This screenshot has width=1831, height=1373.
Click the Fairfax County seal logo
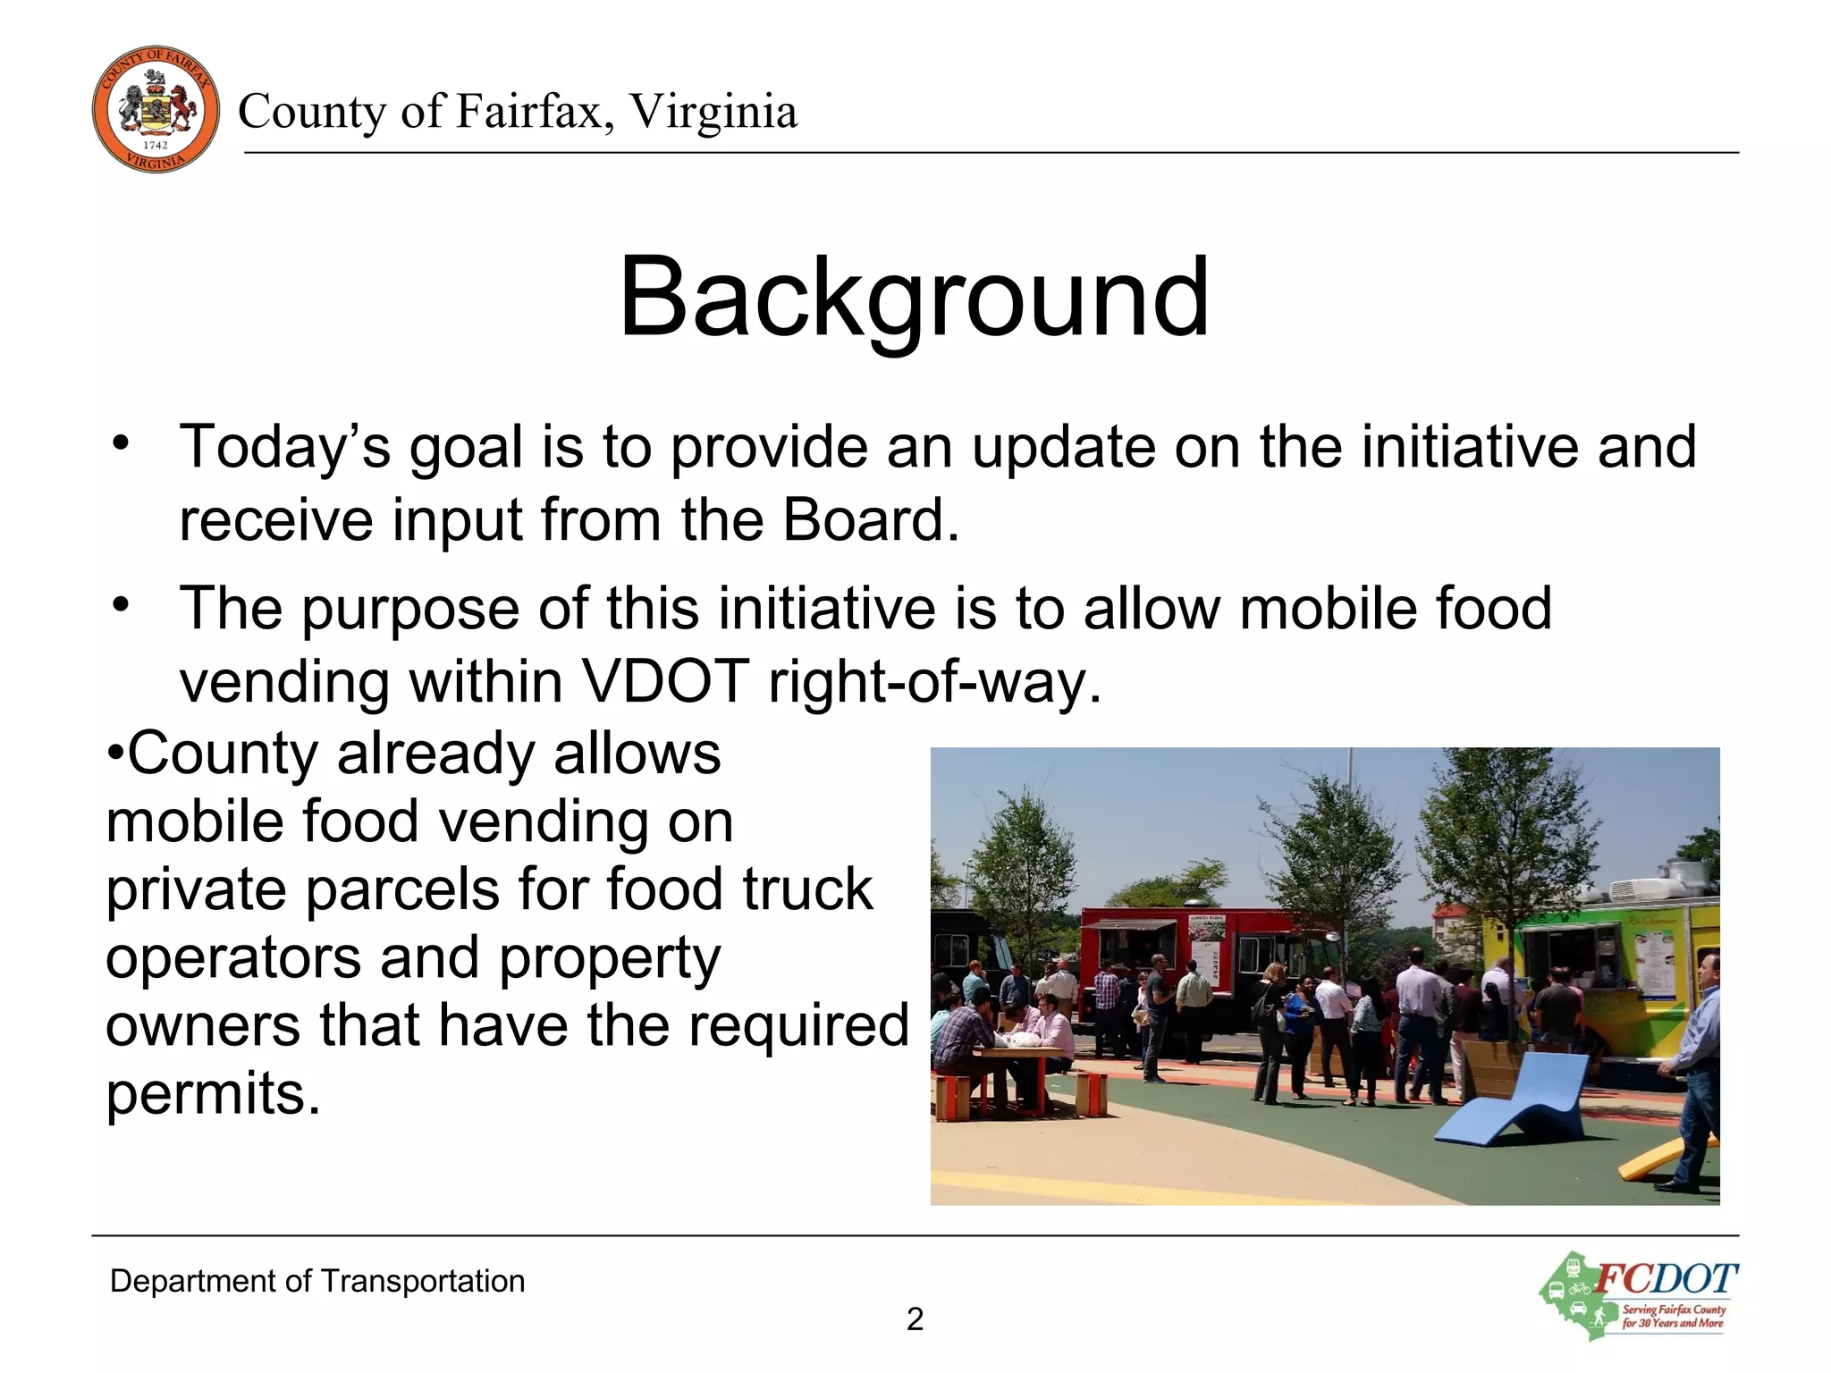156,110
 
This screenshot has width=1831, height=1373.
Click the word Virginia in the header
713,112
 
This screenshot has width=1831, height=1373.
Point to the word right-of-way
934,681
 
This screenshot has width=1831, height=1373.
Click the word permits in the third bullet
213,1092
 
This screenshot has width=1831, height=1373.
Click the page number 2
915,1319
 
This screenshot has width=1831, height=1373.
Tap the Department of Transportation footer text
317,1281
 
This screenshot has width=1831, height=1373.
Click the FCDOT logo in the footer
1639,1295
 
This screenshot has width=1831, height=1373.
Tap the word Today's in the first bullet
285,446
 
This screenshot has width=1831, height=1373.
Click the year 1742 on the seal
156,146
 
